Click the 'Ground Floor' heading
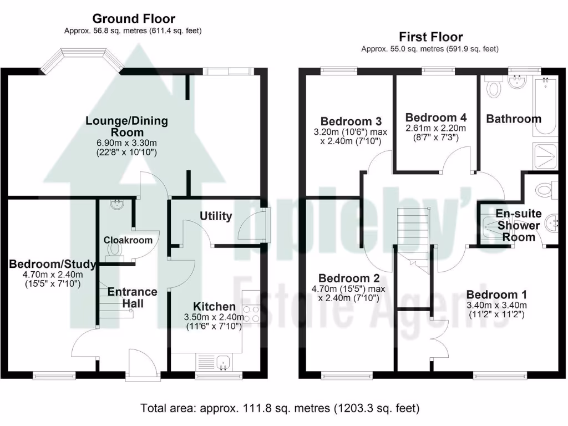tap(134, 19)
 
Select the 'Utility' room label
tap(216, 216)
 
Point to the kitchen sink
tap(225, 363)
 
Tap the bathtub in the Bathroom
tap(545, 107)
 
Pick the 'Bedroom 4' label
tap(436, 118)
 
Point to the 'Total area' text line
tap(280, 409)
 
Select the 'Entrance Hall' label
tap(132, 297)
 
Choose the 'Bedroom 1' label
tap(496, 295)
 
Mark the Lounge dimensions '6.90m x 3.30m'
tap(126, 143)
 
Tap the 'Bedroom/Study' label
tap(53, 264)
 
